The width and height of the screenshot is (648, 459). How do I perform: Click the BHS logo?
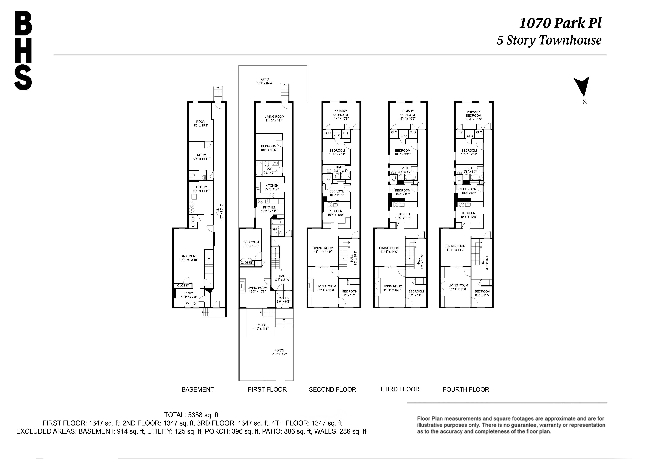tap(23, 50)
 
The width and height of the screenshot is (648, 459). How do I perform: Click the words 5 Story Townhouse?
tap(549, 40)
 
